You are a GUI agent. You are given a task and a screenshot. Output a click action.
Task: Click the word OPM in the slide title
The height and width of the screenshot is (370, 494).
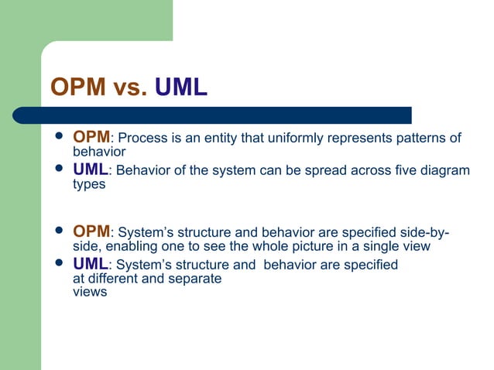pos(75,87)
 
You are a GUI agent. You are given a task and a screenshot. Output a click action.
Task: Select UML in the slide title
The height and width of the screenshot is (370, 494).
pos(180,87)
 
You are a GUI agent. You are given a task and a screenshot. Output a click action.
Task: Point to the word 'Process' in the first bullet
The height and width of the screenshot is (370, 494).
pos(140,139)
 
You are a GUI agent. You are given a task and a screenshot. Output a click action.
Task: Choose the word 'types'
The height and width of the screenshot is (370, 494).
pos(88,185)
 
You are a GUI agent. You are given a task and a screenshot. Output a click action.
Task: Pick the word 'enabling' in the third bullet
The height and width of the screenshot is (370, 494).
pos(132,247)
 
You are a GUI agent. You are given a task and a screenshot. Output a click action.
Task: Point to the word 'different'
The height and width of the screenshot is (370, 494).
pos(116,279)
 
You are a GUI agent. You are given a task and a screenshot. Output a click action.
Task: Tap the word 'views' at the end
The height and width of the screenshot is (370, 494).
pos(89,293)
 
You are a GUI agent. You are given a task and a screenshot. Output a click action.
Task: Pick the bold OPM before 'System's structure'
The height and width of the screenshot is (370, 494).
pos(91,232)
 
